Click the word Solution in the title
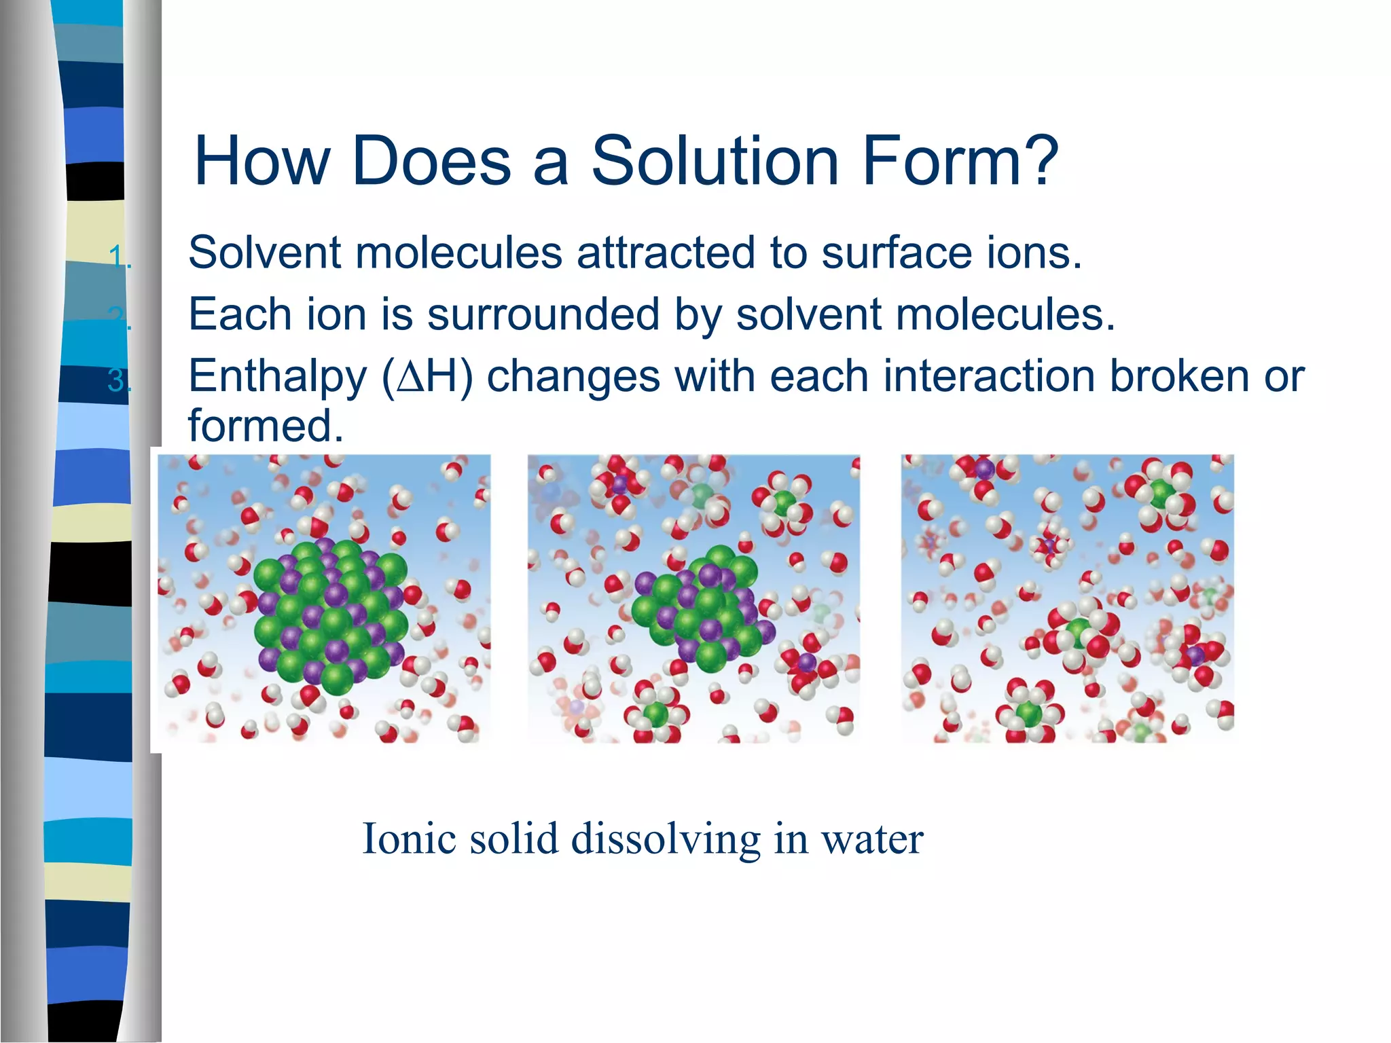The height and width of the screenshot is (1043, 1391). tap(715, 162)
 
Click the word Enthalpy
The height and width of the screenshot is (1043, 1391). tap(277, 378)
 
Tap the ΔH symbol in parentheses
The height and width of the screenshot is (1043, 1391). tap(427, 378)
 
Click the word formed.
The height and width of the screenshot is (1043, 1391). tap(265, 426)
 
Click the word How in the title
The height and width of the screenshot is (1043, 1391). tap(261, 162)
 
